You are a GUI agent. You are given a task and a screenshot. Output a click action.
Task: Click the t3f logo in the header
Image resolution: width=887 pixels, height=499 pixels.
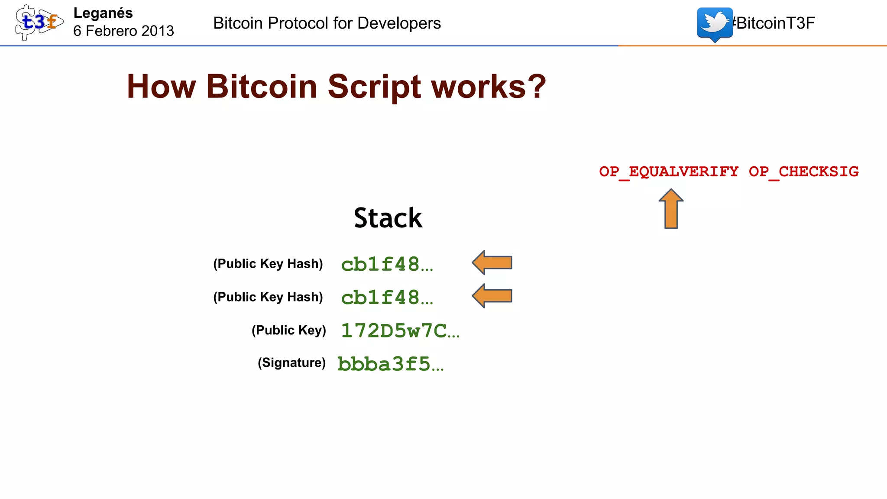click(x=39, y=22)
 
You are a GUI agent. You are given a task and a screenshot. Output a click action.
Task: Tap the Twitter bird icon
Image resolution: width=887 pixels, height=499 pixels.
click(x=715, y=23)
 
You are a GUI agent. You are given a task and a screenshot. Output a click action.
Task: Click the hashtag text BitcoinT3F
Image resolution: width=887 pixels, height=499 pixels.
click(x=774, y=23)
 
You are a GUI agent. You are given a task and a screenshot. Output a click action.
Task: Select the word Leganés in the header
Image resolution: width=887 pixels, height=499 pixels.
click(x=103, y=13)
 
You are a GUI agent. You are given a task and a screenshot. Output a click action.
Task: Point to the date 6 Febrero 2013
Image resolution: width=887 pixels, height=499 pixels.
click(x=123, y=31)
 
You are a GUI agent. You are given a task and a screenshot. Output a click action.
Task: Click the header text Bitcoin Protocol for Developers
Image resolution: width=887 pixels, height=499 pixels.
click(x=327, y=23)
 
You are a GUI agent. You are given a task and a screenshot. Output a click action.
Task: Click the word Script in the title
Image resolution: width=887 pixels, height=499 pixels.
click(x=374, y=87)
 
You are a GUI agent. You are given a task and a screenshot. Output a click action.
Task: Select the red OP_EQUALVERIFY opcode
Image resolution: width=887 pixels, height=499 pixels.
click(x=669, y=172)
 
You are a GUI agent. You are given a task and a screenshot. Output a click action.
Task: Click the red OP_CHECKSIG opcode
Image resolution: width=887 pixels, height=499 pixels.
click(x=804, y=172)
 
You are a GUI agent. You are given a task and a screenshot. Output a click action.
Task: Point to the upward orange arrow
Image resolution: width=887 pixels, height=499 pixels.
click(x=671, y=209)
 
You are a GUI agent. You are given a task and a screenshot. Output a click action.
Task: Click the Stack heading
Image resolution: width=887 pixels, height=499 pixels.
click(x=388, y=218)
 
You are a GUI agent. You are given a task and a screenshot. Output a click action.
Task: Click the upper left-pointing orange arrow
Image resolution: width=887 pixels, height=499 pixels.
click(x=492, y=262)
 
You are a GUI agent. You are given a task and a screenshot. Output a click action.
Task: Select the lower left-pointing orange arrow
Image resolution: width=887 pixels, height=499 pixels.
click(x=492, y=296)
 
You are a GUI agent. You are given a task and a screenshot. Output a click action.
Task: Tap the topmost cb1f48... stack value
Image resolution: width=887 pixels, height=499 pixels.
click(x=387, y=264)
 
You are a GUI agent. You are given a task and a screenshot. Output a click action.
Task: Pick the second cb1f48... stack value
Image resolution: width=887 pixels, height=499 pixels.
click(x=387, y=298)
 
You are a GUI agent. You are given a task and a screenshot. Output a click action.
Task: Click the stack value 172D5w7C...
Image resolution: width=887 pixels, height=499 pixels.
click(x=400, y=331)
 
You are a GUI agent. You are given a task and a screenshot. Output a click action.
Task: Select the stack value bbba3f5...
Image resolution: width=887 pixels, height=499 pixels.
click(x=391, y=364)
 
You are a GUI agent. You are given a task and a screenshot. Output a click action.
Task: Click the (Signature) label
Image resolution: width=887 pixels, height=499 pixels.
click(x=291, y=363)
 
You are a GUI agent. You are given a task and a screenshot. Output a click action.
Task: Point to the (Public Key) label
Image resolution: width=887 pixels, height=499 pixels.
click(x=288, y=330)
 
